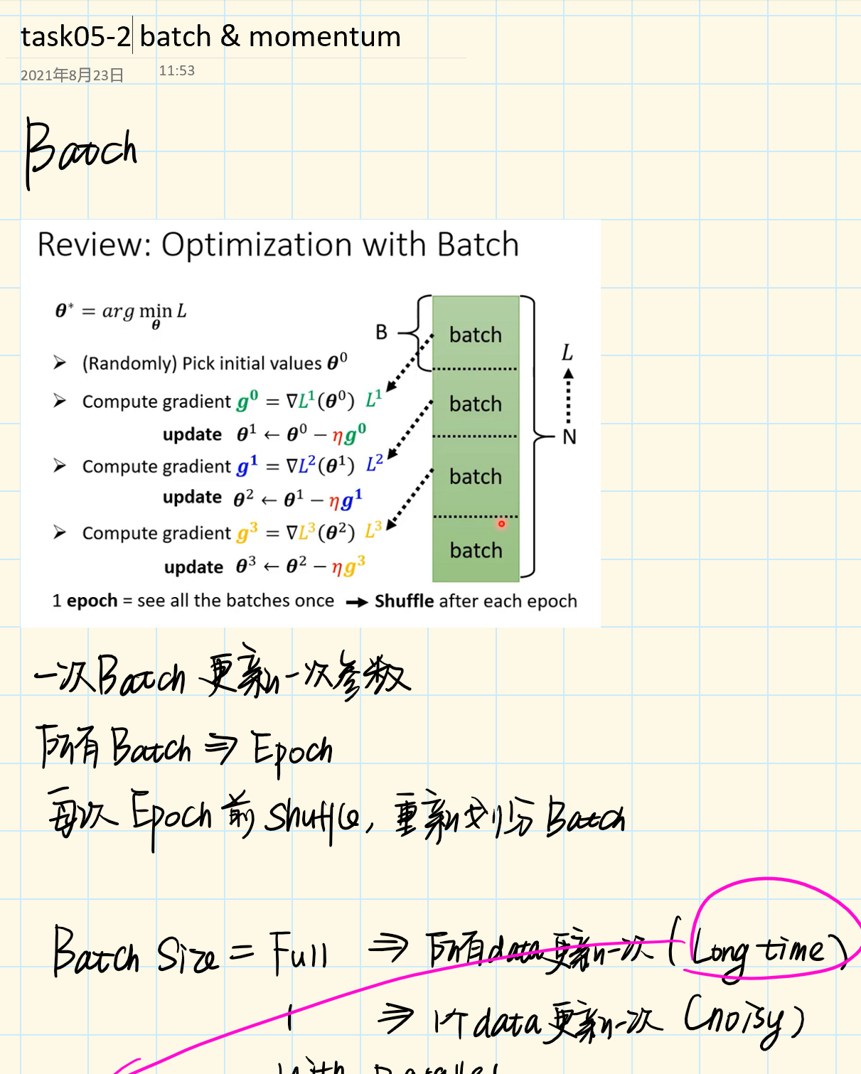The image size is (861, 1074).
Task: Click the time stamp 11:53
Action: tap(176, 70)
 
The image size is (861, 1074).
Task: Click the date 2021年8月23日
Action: tap(72, 75)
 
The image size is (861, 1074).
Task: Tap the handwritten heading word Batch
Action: tap(80, 151)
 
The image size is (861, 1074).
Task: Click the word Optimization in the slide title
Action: tap(257, 245)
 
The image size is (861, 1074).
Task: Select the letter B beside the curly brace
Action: tap(382, 332)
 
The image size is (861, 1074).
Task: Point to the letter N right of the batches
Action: tap(569, 437)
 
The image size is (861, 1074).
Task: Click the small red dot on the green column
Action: tap(501, 524)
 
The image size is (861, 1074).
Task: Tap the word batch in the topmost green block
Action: tap(476, 335)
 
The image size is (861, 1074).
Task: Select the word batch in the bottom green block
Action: tap(476, 550)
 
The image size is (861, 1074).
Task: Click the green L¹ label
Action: tap(374, 399)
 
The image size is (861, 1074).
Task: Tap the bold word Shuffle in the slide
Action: tap(404, 601)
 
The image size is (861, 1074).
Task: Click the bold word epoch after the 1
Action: tap(92, 601)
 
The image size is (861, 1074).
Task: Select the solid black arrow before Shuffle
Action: tap(356, 603)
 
